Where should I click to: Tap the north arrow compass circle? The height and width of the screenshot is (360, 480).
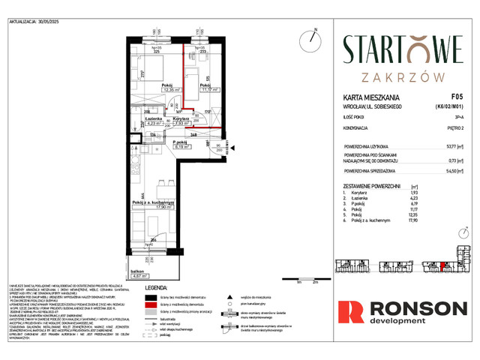pos(309,38)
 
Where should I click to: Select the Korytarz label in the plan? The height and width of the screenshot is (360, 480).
pos(179,118)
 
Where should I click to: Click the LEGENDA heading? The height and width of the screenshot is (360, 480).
pos(162,286)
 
